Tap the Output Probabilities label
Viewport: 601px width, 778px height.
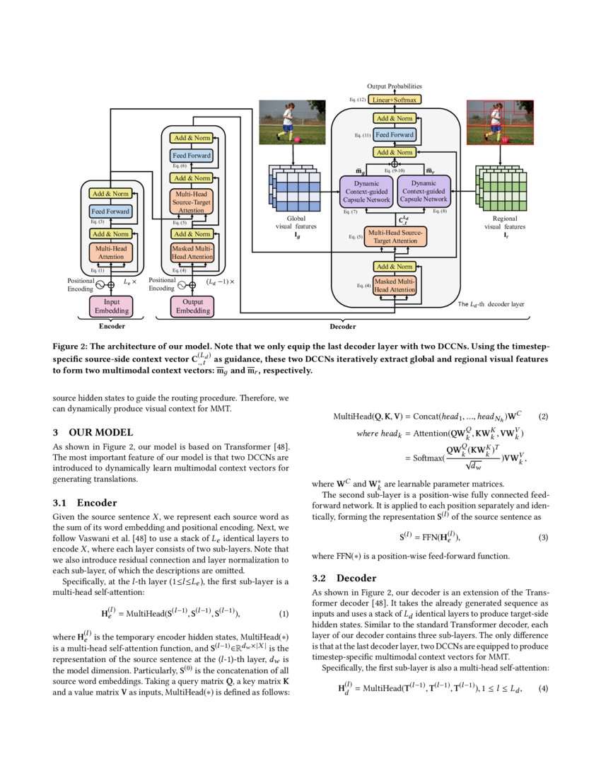395,86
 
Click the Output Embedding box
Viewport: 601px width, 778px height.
192,306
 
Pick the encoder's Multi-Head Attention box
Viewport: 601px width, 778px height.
110,252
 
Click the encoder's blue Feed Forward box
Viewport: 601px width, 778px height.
110,211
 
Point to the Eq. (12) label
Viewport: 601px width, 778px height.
357,100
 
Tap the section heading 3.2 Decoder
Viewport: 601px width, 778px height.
346,578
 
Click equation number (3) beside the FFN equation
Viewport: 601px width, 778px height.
543,537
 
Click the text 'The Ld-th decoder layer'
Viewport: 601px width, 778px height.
492,304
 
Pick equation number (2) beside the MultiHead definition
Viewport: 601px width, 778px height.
543,417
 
